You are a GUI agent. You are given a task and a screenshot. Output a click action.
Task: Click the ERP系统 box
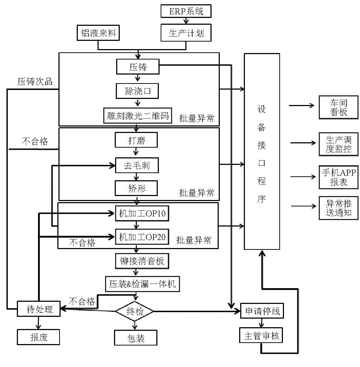[186, 11]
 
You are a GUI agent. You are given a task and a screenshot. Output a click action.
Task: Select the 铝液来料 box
[98, 33]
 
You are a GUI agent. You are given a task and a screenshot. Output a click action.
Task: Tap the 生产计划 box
[186, 33]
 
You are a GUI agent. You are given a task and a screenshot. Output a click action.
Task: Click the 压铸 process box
[138, 67]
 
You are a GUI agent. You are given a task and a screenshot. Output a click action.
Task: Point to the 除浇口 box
[138, 91]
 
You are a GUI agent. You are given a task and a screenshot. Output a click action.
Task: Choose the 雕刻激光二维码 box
[138, 116]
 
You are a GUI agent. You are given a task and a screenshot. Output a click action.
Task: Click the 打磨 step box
[136, 140]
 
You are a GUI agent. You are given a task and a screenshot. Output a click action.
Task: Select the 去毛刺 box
[136, 165]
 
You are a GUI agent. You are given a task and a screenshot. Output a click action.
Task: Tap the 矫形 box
[136, 188]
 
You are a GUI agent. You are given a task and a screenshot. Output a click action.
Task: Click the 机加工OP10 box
[142, 214]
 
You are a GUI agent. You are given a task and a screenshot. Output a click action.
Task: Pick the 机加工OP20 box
[142, 237]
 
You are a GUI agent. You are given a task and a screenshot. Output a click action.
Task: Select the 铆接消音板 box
[142, 261]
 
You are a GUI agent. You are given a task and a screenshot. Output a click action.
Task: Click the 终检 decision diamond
[135, 311]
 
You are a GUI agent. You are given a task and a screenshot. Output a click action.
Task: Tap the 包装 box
[136, 338]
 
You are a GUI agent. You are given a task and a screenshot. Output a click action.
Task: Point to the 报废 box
[38, 337]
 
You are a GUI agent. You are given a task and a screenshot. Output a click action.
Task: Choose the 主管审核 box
[261, 336]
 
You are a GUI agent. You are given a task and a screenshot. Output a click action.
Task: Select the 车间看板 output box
[338, 107]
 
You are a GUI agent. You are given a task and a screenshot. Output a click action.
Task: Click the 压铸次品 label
[35, 82]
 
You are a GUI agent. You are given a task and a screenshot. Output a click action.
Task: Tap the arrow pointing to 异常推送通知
[304, 206]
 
